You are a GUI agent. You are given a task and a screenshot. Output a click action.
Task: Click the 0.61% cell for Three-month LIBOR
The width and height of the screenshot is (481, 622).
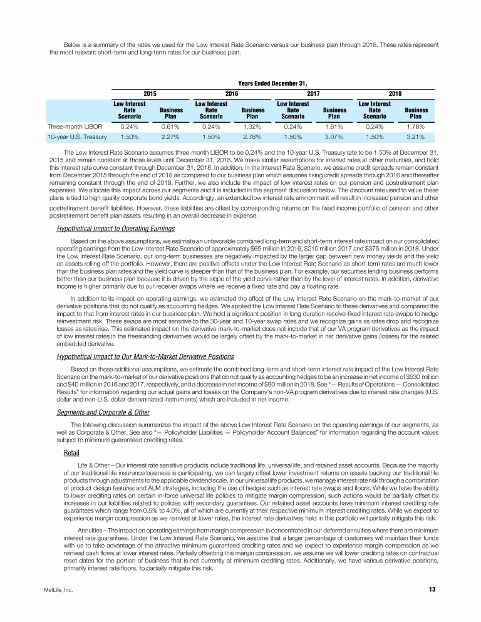pyautogui.click(x=171, y=125)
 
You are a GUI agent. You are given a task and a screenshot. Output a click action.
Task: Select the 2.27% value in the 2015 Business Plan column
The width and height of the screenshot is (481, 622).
pyautogui.click(x=171, y=137)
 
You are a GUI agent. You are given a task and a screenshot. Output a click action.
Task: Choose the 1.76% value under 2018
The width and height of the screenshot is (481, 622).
pyautogui.click(x=415, y=125)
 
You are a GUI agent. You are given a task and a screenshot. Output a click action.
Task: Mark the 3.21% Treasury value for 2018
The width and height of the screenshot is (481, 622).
pyautogui.click(x=415, y=137)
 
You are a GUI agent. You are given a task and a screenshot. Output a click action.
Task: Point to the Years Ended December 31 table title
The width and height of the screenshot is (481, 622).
pyautogui.click(x=272, y=81)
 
